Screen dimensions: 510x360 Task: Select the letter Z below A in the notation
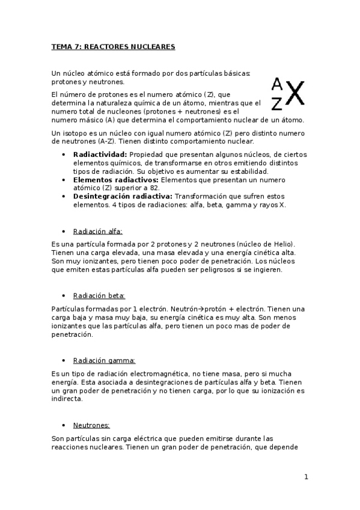(x=276, y=104)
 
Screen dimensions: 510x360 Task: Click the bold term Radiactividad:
(x=99, y=155)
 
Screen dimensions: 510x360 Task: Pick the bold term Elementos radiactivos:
(x=114, y=179)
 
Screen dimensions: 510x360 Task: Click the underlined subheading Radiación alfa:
(x=97, y=231)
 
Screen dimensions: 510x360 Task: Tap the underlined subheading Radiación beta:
(x=99, y=295)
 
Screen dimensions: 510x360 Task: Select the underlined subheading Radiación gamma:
(x=104, y=360)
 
